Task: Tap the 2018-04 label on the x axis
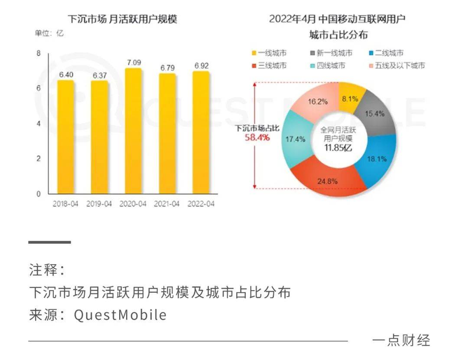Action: (65, 203)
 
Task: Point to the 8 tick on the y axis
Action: (38, 53)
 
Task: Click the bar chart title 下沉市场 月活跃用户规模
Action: (123, 20)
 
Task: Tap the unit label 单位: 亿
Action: (49, 33)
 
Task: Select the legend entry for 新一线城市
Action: (334, 53)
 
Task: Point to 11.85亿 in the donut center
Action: (338, 147)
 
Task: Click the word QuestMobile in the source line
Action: (120, 314)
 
